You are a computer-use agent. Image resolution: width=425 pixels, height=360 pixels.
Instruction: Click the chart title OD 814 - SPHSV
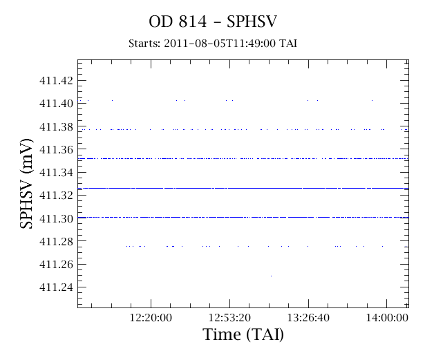[213, 21]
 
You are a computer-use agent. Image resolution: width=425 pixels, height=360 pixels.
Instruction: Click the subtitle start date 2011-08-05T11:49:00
[220, 44]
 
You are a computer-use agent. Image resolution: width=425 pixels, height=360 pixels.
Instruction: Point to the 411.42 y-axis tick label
[57, 81]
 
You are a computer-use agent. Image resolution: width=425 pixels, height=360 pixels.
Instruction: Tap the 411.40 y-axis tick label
[57, 103]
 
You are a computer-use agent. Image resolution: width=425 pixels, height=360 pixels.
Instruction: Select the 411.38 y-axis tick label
[57, 126]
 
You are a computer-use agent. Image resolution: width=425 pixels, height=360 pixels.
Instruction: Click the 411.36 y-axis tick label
[57, 149]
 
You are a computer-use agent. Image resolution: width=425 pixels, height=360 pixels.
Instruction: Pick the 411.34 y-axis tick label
[57, 172]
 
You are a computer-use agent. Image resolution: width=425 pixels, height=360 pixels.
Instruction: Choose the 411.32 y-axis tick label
[57, 195]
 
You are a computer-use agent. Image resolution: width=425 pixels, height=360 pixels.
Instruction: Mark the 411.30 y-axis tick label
[57, 218]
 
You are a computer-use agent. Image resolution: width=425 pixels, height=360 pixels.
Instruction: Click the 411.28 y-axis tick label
[57, 241]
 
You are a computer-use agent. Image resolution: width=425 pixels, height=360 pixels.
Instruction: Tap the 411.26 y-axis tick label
[57, 264]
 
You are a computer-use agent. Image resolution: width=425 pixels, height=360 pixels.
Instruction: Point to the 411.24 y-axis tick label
[57, 287]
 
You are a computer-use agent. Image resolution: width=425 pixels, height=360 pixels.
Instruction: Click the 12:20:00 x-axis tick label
[151, 317]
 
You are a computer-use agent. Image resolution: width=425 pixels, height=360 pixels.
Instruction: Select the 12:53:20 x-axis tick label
[229, 317]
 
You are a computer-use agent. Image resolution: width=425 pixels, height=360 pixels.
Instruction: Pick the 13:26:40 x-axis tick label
[308, 317]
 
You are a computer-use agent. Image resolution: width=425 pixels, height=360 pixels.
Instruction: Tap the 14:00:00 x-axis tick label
[387, 317]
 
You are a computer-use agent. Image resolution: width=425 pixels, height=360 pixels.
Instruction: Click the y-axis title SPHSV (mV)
[26, 184]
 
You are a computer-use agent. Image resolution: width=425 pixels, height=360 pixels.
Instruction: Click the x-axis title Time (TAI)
[243, 334]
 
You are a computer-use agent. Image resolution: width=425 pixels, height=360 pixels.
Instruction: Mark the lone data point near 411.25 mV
[272, 276]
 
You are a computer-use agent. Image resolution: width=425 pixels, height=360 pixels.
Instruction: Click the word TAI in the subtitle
[288, 44]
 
